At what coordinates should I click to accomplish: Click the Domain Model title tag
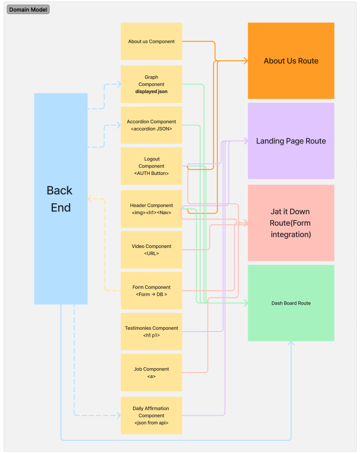coord(28,10)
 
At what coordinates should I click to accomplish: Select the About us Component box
coord(151,41)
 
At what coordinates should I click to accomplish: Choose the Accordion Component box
coord(151,125)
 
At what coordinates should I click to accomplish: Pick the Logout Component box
coord(151,166)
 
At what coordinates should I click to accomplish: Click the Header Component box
coord(151,209)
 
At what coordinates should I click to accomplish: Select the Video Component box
coord(151,249)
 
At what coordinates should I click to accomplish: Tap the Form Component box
coord(151,290)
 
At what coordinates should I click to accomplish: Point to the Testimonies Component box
coord(151,332)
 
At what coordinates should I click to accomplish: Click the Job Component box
coord(151,372)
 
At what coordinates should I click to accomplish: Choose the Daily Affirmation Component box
coord(151,415)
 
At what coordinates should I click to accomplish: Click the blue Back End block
coord(61,199)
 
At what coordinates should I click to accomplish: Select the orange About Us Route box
coord(291,61)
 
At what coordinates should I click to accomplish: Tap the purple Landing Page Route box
coord(291,141)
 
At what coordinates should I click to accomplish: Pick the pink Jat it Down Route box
coord(291,223)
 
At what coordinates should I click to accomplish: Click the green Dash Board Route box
coord(291,303)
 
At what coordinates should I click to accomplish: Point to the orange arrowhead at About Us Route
coord(245,61)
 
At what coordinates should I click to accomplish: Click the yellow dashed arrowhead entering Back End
coord(90,199)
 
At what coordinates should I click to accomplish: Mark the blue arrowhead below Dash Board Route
coord(291,343)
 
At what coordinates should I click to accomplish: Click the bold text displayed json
coord(151,91)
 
